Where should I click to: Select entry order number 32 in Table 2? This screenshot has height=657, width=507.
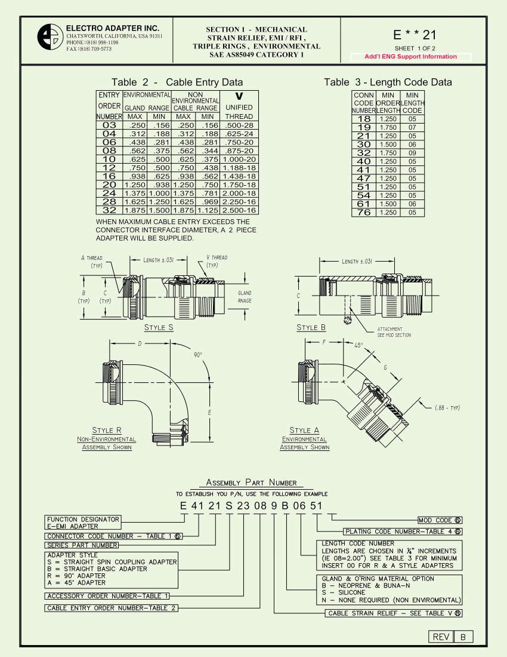[109, 210]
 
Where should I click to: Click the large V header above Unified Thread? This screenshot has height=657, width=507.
[239, 96]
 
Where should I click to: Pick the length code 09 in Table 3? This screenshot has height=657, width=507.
[412, 153]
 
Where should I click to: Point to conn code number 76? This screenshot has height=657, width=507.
[363, 213]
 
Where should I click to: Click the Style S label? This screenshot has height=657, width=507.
[159, 327]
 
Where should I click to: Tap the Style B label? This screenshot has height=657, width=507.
[311, 327]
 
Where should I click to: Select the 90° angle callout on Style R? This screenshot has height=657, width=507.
[198, 355]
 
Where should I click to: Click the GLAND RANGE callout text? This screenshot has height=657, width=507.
[245, 297]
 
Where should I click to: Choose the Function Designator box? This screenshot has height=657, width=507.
[84, 523]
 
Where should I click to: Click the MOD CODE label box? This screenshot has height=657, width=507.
[440, 520]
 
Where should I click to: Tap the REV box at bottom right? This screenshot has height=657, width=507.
[441, 637]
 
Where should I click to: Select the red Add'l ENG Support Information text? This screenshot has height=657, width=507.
[410, 57]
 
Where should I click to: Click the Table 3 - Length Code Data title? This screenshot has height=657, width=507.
[388, 82]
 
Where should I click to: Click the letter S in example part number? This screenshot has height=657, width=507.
[228, 506]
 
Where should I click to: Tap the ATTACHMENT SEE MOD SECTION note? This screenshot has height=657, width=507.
[394, 332]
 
